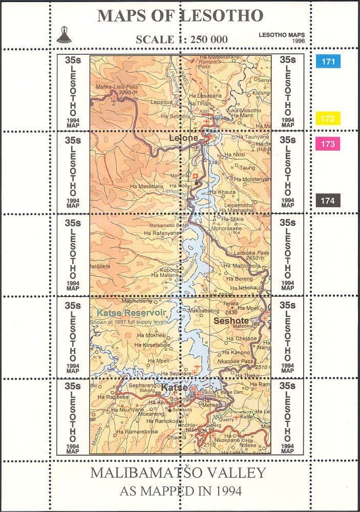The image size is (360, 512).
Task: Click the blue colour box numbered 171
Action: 328,61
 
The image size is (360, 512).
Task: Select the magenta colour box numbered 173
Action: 328,144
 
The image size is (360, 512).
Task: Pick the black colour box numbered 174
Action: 328,201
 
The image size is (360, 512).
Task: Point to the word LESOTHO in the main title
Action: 222,16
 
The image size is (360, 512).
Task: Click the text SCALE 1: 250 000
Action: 181,39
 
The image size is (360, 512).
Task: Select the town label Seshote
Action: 230,321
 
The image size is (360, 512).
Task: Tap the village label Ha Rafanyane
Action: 162,233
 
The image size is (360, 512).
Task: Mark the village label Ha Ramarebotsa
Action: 137,432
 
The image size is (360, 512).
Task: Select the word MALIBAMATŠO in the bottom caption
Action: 142,472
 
